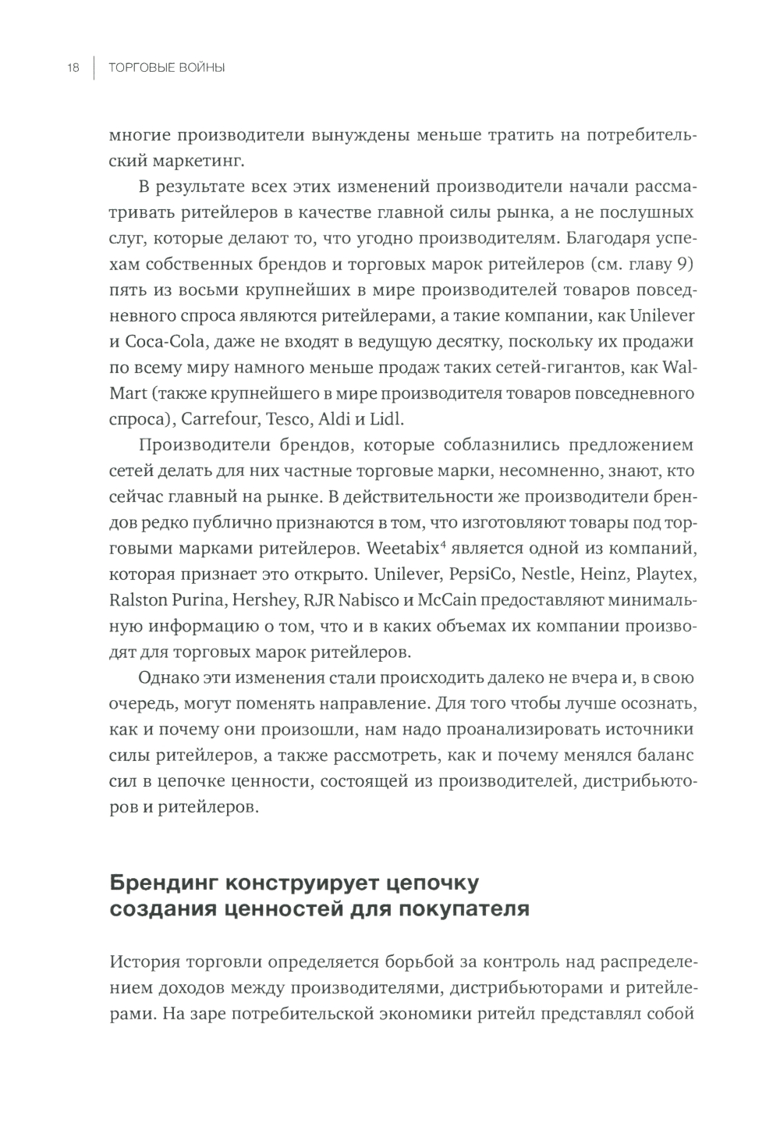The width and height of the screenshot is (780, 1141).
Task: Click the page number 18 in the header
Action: tap(73, 69)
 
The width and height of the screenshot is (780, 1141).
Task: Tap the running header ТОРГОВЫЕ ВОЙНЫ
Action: tap(167, 69)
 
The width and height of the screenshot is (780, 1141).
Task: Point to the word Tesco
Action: tap(288, 418)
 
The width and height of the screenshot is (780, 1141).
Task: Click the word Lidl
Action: tap(388, 418)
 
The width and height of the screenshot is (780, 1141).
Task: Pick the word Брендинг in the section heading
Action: tap(161, 883)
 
